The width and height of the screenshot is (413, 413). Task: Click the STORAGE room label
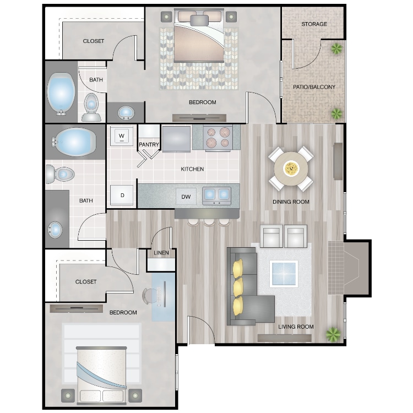click(x=314, y=24)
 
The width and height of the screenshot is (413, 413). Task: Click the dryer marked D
click(x=122, y=195)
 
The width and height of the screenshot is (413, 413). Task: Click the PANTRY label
click(x=149, y=145)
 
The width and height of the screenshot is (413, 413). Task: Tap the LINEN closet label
click(x=161, y=253)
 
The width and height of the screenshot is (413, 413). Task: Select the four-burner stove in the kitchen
click(x=218, y=138)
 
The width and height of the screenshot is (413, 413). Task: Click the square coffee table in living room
click(x=284, y=274)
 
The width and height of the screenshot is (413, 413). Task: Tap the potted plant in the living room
click(x=333, y=334)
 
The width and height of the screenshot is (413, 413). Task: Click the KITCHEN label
click(x=192, y=169)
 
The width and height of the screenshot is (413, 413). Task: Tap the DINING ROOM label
click(x=291, y=202)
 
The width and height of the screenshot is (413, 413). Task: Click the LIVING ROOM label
click(x=296, y=327)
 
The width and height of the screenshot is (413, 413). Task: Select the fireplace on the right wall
click(x=347, y=268)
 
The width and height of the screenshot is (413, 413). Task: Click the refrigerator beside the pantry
click(x=176, y=138)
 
